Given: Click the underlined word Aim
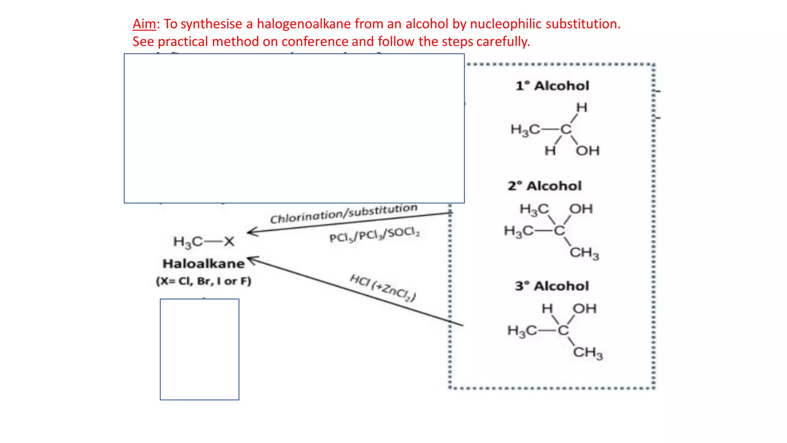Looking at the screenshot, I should pyautogui.click(x=144, y=24).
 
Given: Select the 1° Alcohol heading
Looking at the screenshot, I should pyautogui.click(x=552, y=86).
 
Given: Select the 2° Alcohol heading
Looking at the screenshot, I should pyautogui.click(x=545, y=186).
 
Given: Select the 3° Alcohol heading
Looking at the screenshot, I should pyautogui.click(x=552, y=286).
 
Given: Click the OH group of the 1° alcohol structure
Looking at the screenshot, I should pyautogui.click(x=588, y=151).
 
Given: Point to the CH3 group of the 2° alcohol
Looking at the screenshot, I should pyautogui.click(x=584, y=253).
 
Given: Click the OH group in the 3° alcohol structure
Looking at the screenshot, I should pyautogui.click(x=584, y=308).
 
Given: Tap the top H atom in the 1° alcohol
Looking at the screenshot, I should pyautogui.click(x=582, y=108).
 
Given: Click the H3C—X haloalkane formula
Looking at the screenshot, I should pyautogui.click(x=204, y=241).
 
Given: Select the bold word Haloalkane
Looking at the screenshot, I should pyautogui.click(x=204, y=264).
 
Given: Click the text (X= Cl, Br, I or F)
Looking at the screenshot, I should pyautogui.click(x=204, y=281).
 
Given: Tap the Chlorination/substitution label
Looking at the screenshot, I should pyautogui.click(x=344, y=213).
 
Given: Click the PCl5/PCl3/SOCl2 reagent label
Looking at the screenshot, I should pyautogui.click(x=374, y=235).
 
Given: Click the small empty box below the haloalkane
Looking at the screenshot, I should pyautogui.click(x=199, y=349).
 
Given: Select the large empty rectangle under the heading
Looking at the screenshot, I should pyautogui.click(x=294, y=128).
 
